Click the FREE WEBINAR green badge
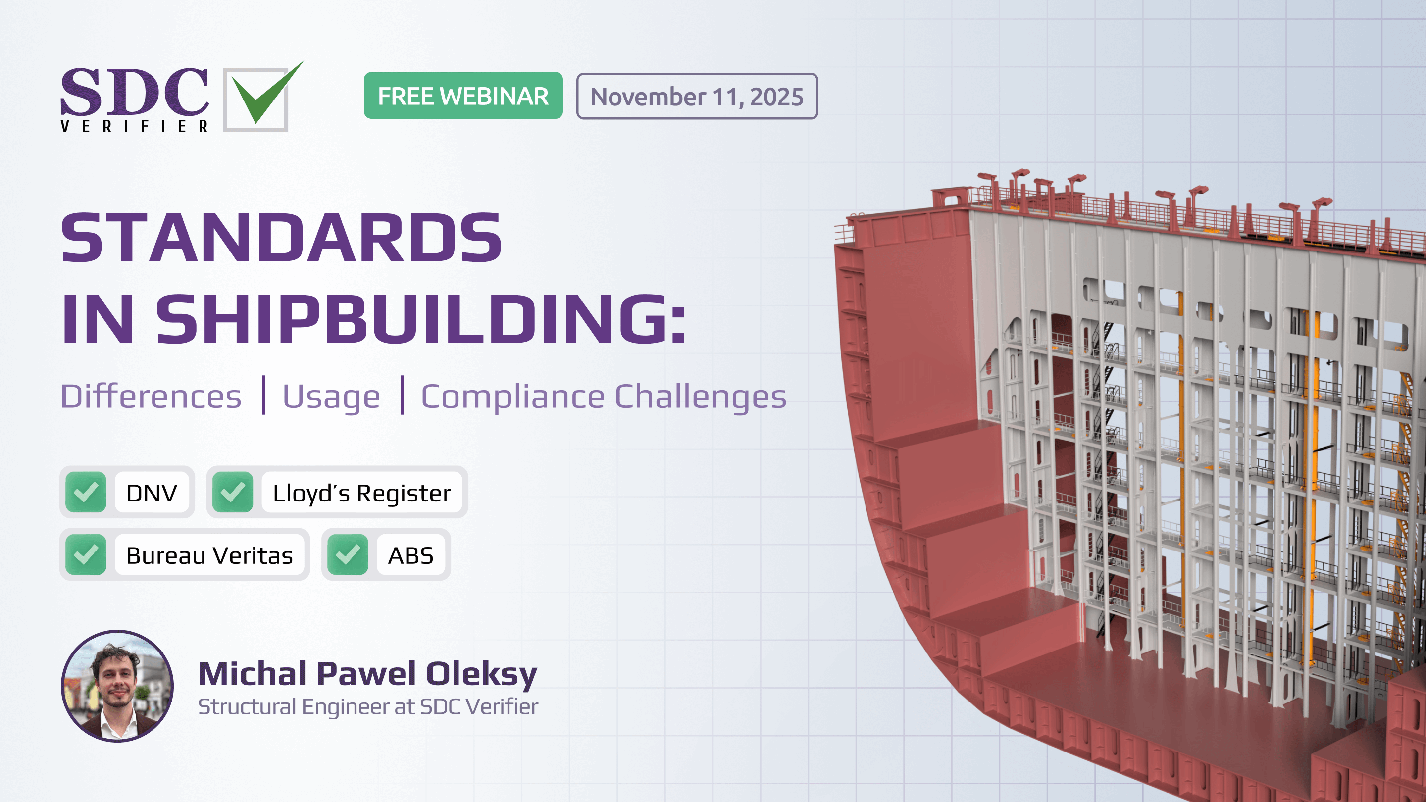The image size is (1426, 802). click(x=463, y=96)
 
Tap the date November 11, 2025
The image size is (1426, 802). click(x=697, y=97)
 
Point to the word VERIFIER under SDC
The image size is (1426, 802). click(x=135, y=126)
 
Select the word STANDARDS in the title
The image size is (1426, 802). click(x=281, y=238)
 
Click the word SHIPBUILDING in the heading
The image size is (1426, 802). click(x=421, y=319)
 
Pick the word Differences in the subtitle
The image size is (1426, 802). click(x=151, y=396)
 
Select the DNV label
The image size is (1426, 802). click(x=152, y=493)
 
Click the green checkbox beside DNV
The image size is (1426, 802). click(x=86, y=492)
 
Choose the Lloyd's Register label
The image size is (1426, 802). click(x=362, y=493)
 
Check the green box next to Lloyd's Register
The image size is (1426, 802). click(x=233, y=492)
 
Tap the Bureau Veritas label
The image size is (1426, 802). click(x=209, y=555)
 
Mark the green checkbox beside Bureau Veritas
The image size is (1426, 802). click(x=86, y=554)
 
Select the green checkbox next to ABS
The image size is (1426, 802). click(x=348, y=554)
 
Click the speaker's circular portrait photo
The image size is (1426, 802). click(x=117, y=686)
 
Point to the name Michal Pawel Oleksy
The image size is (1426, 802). click(x=368, y=674)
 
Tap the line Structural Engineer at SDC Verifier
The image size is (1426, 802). click(x=368, y=707)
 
